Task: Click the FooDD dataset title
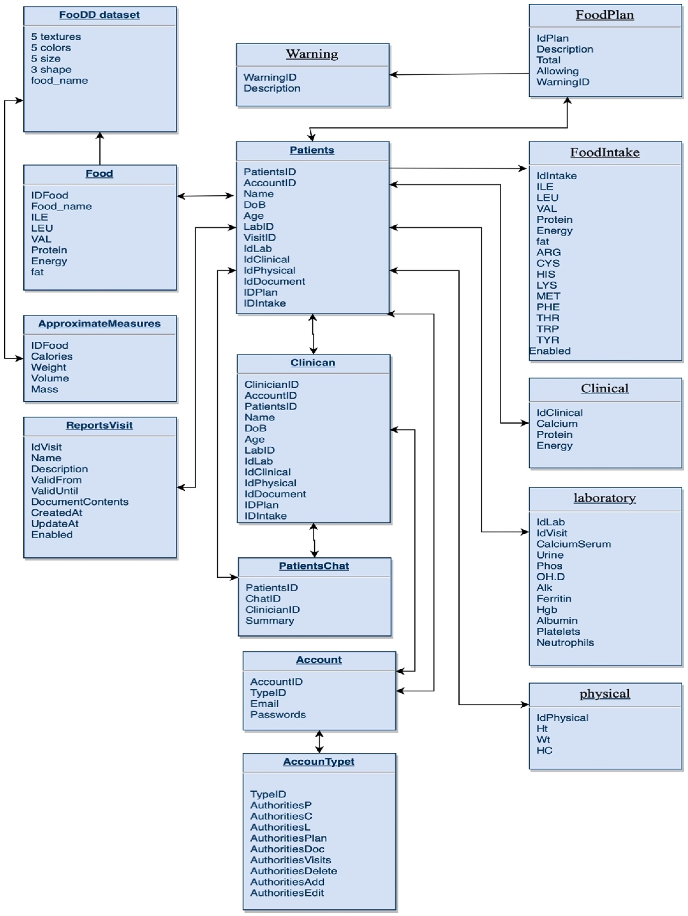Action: (99, 15)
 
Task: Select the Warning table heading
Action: (312, 54)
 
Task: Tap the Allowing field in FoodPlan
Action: (557, 71)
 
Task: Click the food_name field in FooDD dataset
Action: (59, 80)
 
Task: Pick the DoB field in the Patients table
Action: (254, 205)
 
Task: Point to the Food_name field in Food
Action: (61, 206)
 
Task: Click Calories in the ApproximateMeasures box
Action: (52, 356)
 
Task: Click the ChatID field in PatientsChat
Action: (263, 598)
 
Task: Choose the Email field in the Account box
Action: (264, 704)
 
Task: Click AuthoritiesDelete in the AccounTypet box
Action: (293, 871)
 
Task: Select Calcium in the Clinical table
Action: (557, 424)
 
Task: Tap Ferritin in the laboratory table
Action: (553, 599)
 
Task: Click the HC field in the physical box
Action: (544, 750)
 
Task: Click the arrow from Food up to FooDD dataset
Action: (100, 148)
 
